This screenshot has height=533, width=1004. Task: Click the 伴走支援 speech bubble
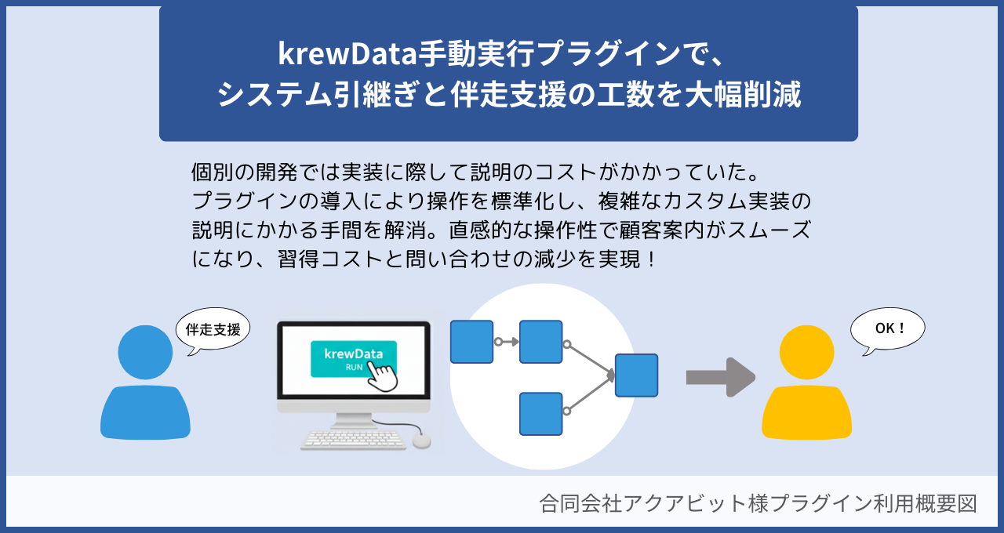(x=213, y=329)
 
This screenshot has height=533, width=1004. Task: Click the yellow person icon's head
(x=806, y=352)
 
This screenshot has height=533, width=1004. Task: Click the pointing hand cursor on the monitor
(x=383, y=375)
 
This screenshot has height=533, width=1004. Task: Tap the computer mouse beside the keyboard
(x=421, y=441)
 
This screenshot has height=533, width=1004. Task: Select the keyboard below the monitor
(x=353, y=439)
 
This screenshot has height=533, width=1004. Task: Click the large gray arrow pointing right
(x=720, y=377)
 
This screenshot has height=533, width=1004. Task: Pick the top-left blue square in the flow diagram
(x=471, y=342)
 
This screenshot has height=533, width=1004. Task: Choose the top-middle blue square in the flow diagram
(x=541, y=342)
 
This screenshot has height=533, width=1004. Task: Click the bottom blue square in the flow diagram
(x=541, y=414)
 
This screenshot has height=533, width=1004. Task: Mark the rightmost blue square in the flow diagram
(x=636, y=375)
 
